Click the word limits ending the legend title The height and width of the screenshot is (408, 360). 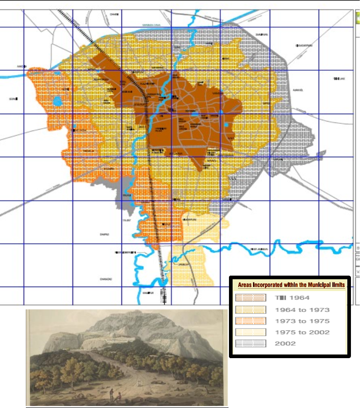pyautogui.click(x=335, y=285)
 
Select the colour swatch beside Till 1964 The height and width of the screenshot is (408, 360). pyautogui.click(x=250, y=298)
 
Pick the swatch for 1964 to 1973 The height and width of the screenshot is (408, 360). pyautogui.click(x=250, y=309)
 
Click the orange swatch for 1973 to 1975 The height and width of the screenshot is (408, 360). pyautogui.click(x=250, y=321)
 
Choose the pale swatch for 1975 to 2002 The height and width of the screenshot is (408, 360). pyautogui.click(x=250, y=332)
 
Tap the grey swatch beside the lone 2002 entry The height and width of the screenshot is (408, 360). pyautogui.click(x=250, y=343)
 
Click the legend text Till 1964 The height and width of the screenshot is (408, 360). pyautogui.click(x=292, y=298)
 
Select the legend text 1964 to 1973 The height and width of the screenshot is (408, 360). pyautogui.click(x=302, y=310)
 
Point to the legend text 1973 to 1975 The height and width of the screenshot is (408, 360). pyautogui.click(x=302, y=321)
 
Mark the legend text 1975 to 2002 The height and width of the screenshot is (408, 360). pyautogui.click(x=302, y=332)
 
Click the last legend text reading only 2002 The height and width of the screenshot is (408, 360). pyautogui.click(x=285, y=344)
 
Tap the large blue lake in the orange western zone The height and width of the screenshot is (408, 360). pyautogui.click(x=57, y=101)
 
